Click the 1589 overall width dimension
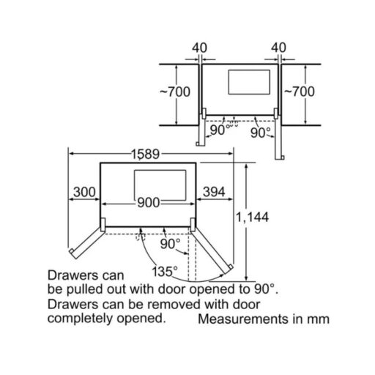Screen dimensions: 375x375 [x=146, y=154]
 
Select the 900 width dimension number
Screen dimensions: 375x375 [x=149, y=202]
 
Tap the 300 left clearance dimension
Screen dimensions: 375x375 [x=84, y=192]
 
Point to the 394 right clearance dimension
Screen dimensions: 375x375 [x=214, y=192]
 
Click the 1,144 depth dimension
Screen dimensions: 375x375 [x=252, y=217]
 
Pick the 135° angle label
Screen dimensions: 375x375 [x=165, y=272]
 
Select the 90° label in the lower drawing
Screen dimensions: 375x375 [x=171, y=244]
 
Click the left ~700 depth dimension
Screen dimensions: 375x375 [x=175, y=92]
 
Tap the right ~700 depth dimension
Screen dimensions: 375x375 [x=300, y=92]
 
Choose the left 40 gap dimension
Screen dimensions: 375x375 [x=199, y=48]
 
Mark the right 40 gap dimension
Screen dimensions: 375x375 [x=278, y=48]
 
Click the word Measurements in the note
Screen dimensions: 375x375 [x=243, y=319]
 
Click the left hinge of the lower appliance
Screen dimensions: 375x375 [x=103, y=225]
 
